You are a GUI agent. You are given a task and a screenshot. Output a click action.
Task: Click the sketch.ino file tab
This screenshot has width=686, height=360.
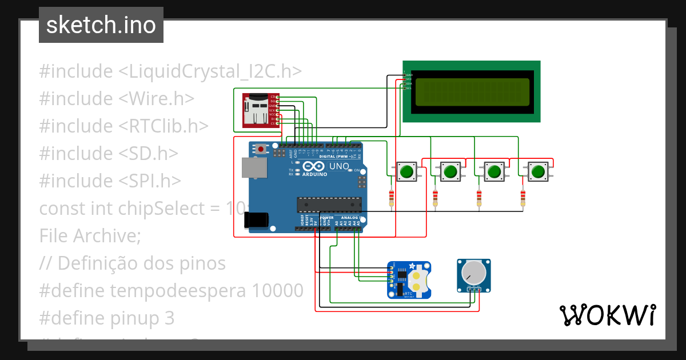(101, 25)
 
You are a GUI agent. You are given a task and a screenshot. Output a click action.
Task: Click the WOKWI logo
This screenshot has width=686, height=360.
(607, 315)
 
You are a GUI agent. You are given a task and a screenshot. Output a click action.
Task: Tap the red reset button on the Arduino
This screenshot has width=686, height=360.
(261, 149)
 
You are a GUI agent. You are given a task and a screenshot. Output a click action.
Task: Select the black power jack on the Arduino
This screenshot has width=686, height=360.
(256, 220)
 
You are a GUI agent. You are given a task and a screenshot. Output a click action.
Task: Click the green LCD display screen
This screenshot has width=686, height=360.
(472, 92)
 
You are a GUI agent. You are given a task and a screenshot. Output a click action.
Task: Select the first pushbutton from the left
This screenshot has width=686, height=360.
(407, 171)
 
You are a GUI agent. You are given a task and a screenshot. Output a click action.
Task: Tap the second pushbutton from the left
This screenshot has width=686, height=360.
(450, 171)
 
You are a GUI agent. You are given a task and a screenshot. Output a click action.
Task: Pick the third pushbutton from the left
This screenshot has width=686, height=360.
(494, 171)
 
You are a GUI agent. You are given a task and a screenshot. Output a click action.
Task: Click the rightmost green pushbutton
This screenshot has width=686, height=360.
(537, 171)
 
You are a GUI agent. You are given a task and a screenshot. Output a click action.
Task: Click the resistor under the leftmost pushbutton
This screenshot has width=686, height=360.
(392, 198)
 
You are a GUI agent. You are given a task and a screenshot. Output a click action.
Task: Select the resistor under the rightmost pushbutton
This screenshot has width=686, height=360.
(523, 198)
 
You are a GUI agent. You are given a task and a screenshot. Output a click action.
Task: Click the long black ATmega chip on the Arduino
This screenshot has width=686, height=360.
(329, 205)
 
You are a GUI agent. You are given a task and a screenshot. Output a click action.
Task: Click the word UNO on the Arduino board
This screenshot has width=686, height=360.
(339, 166)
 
